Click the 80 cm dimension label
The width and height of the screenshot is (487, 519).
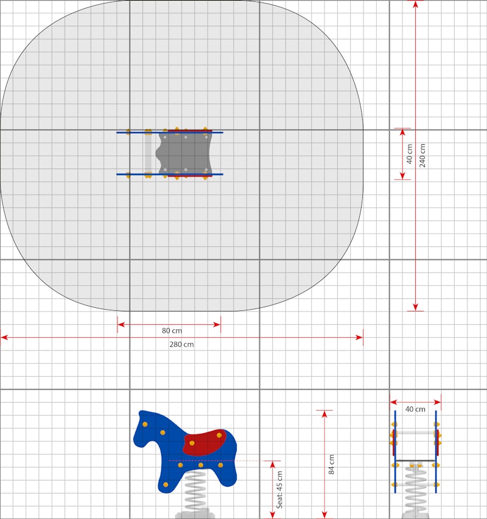click(172, 330)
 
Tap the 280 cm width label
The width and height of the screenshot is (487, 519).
click(181, 344)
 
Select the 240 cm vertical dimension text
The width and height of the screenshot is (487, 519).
click(422, 155)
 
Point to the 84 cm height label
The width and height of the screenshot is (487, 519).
click(331, 464)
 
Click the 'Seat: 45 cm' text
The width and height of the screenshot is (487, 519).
click(280, 490)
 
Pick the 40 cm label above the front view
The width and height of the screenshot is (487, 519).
click(415, 409)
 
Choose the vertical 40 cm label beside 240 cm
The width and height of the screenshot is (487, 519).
click(410, 154)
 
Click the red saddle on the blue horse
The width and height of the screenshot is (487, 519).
click(205, 442)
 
